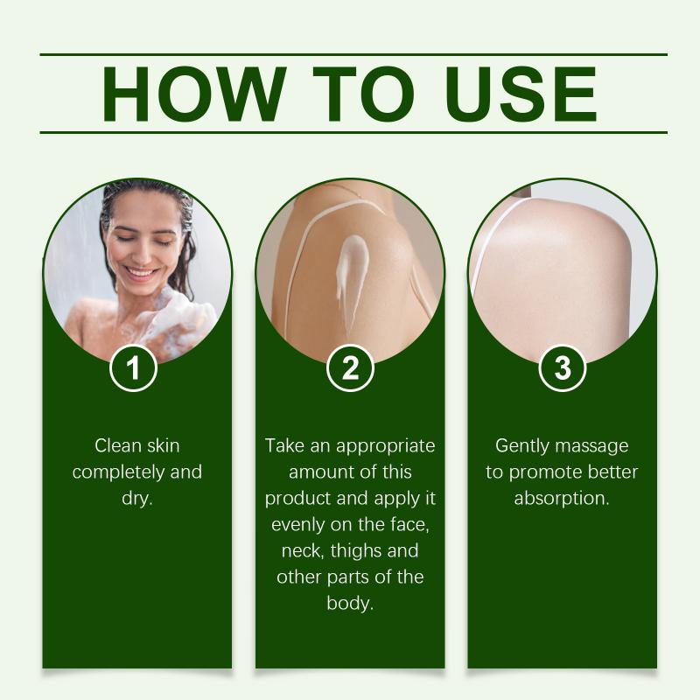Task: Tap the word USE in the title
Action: click(521, 94)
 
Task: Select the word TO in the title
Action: click(363, 94)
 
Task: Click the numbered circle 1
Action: click(133, 368)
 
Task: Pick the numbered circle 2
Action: click(350, 368)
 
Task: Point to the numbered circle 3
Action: click(563, 368)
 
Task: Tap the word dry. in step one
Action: click(137, 498)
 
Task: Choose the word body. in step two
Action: click(350, 603)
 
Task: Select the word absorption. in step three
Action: click(562, 499)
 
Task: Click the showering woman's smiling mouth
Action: click(140, 272)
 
